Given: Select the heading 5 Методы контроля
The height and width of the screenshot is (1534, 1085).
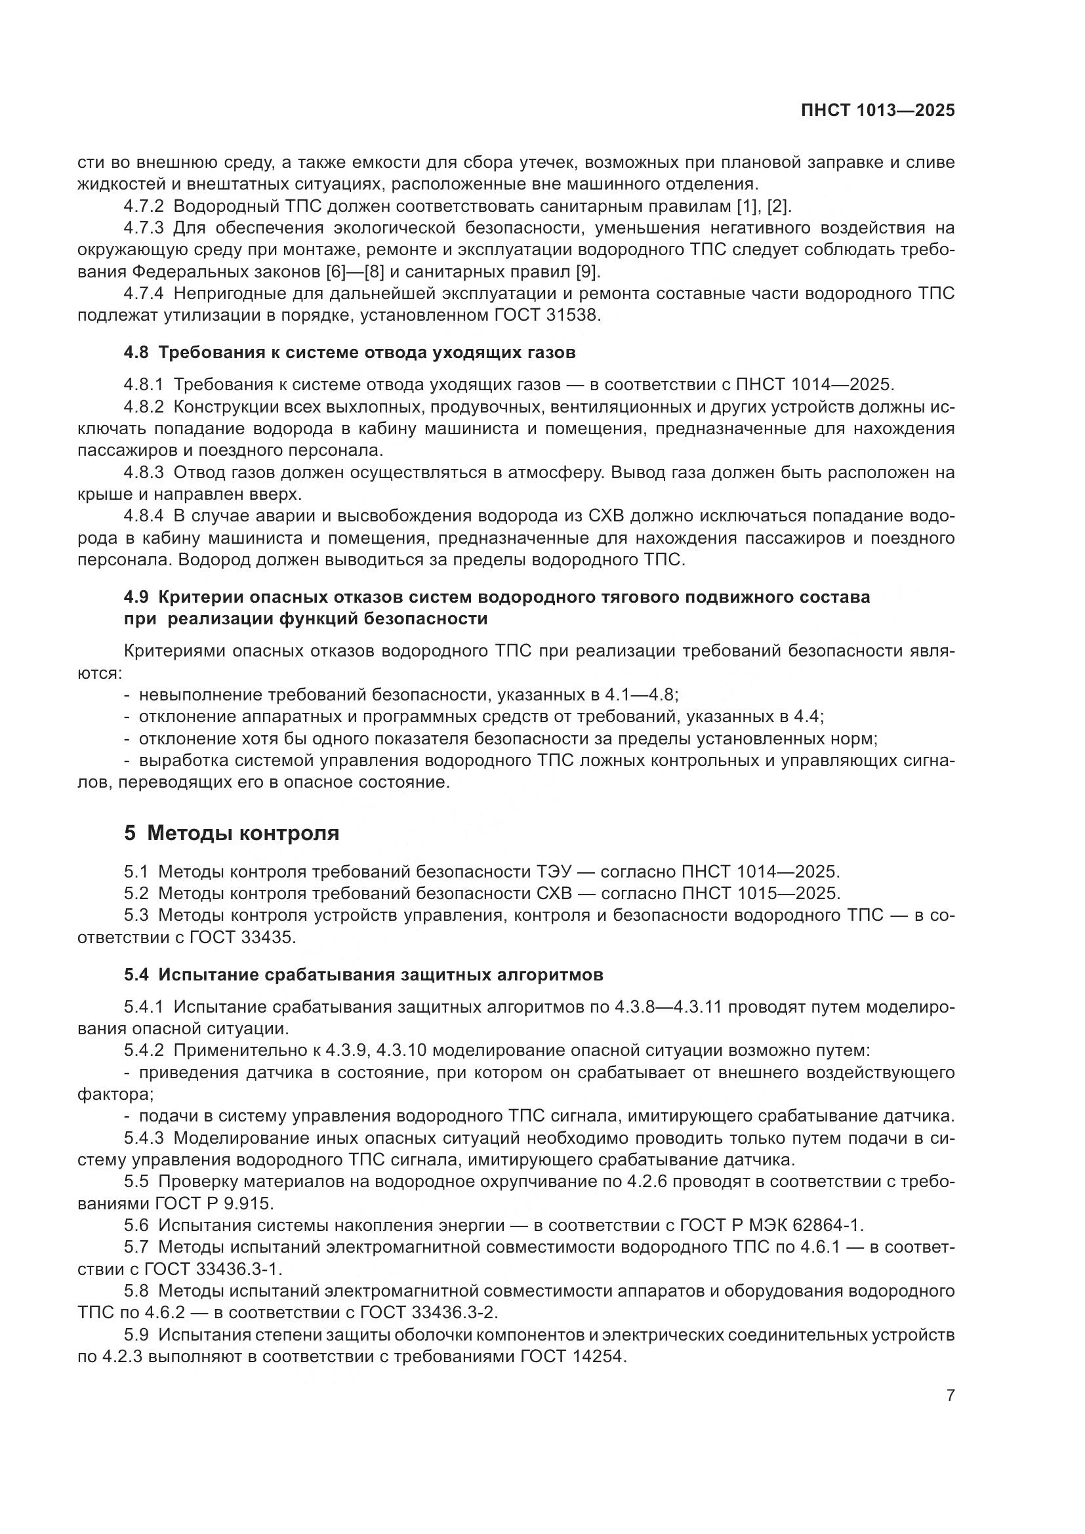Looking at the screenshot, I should click(x=232, y=833).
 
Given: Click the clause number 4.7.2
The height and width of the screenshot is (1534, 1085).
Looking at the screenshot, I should click(x=144, y=206).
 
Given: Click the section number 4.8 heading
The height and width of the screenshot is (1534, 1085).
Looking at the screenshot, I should click(x=136, y=352).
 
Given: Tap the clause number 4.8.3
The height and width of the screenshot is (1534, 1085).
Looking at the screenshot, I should click(x=144, y=472).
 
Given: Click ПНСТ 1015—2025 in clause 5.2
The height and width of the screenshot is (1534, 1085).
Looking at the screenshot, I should click(x=761, y=893).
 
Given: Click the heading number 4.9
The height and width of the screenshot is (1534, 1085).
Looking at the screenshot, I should click(x=136, y=597).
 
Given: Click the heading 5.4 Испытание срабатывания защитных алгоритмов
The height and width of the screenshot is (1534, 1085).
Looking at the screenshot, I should click(x=363, y=975).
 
